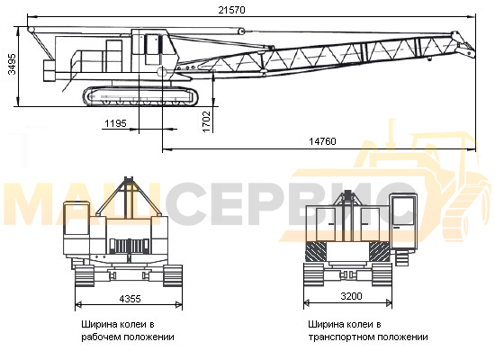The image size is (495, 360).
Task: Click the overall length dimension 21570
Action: point(231,10)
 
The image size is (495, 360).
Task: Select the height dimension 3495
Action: point(12,64)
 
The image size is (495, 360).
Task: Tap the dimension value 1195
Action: point(115,123)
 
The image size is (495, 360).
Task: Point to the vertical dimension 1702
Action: point(206,121)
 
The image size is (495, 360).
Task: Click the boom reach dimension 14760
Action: point(322,141)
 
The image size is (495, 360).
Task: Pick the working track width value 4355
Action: point(130,299)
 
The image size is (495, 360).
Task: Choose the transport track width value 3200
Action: point(351,296)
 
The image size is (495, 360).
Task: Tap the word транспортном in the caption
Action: point(340,337)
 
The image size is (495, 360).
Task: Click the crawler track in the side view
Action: point(140,95)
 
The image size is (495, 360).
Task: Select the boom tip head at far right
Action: point(463,44)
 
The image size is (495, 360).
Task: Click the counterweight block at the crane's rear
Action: point(49,71)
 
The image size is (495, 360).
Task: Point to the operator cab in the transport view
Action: point(403,220)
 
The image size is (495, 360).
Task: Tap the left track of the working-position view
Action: point(85,275)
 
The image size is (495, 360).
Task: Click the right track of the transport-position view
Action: point(382,274)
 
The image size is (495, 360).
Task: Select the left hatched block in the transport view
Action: point(316,251)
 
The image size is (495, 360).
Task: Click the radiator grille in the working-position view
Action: point(130,246)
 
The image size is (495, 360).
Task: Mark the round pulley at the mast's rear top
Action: point(31,30)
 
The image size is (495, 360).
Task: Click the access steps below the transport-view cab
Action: point(402,260)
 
